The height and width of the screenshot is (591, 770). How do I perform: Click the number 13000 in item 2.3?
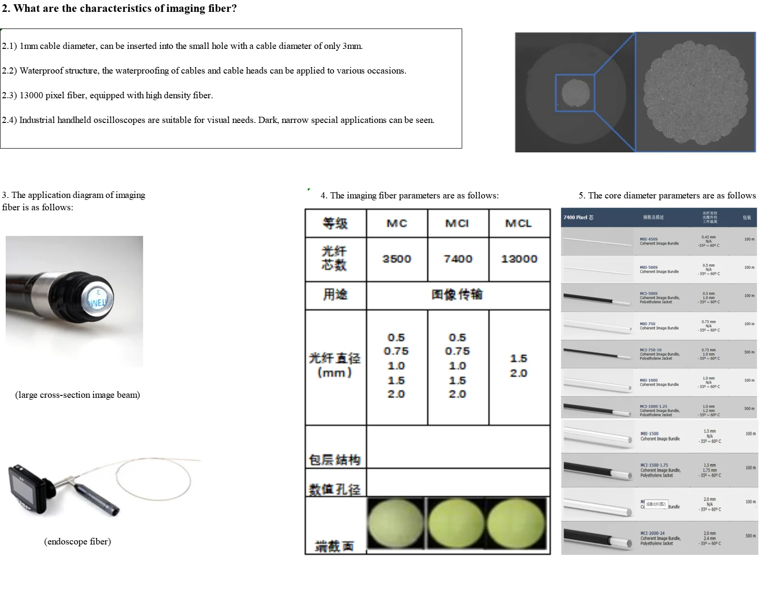point(31,95)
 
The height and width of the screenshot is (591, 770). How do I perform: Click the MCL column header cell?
point(518,223)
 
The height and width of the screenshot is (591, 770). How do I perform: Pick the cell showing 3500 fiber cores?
point(397,259)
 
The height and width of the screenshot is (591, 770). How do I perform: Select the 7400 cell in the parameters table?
point(458,259)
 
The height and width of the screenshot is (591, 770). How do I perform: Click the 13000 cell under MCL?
point(519,259)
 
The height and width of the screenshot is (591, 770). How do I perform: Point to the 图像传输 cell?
point(457,295)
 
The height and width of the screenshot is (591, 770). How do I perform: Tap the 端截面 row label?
point(335,546)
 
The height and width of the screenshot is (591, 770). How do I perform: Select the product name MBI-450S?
point(648,239)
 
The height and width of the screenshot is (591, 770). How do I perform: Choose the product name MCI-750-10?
point(650,350)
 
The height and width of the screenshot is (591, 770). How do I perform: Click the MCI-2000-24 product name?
point(652,534)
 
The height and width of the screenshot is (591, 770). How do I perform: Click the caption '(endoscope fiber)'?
point(77,542)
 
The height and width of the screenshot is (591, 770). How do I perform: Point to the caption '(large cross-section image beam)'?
point(77,395)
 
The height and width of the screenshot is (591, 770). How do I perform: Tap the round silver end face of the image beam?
point(98,298)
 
